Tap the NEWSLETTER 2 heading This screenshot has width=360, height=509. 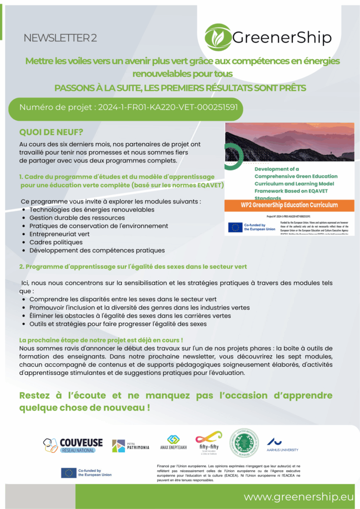(x=60, y=38)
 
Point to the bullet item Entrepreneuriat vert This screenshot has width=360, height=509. (x=59, y=234)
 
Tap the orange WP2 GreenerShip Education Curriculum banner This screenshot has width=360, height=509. (x=289, y=205)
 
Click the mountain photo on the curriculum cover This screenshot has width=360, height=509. (x=289, y=142)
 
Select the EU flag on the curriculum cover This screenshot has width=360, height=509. (x=235, y=227)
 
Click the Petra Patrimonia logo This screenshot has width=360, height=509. (x=130, y=445)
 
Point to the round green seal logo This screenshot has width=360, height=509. (x=244, y=443)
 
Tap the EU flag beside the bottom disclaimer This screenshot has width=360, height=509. (x=68, y=473)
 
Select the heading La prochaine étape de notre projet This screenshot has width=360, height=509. (x=101, y=340)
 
